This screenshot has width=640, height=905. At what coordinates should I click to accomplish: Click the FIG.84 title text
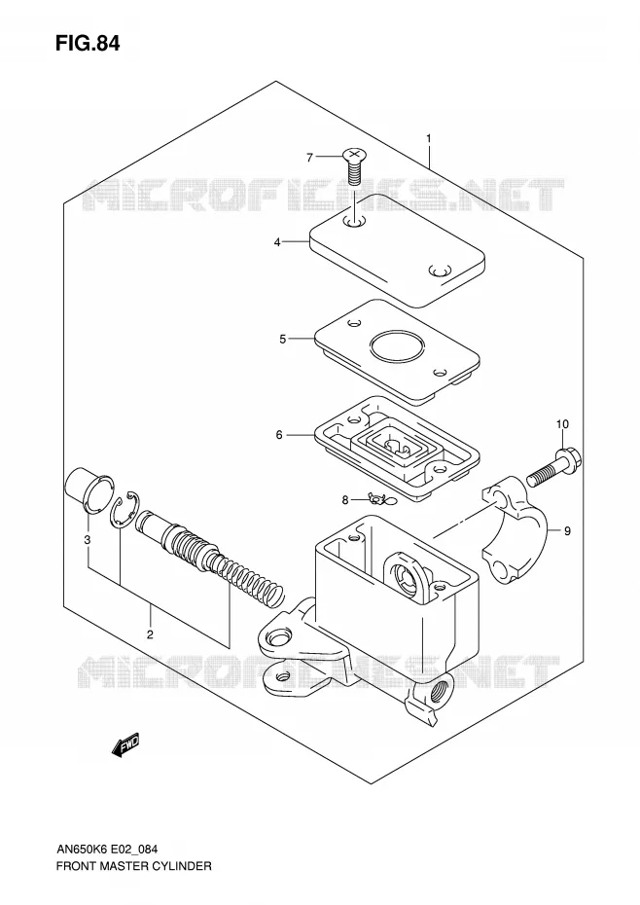click(x=88, y=43)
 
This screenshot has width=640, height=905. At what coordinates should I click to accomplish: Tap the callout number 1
click(x=429, y=138)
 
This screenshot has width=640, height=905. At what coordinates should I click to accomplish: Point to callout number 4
click(x=277, y=242)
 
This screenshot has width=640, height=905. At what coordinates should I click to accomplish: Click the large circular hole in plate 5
click(x=398, y=347)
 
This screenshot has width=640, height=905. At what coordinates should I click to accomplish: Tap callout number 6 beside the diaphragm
click(x=279, y=435)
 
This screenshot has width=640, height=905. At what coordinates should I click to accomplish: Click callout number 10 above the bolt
click(x=562, y=424)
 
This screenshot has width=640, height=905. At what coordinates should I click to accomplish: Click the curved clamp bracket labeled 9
click(x=515, y=528)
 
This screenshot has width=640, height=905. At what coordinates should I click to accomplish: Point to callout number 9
click(x=567, y=531)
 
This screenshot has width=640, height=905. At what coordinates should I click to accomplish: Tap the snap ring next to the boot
click(x=124, y=510)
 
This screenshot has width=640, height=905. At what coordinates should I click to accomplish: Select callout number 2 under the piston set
click(x=150, y=634)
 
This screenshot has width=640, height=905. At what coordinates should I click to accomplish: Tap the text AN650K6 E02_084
click(x=107, y=849)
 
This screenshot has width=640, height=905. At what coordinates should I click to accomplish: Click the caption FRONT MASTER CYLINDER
click(x=134, y=866)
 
